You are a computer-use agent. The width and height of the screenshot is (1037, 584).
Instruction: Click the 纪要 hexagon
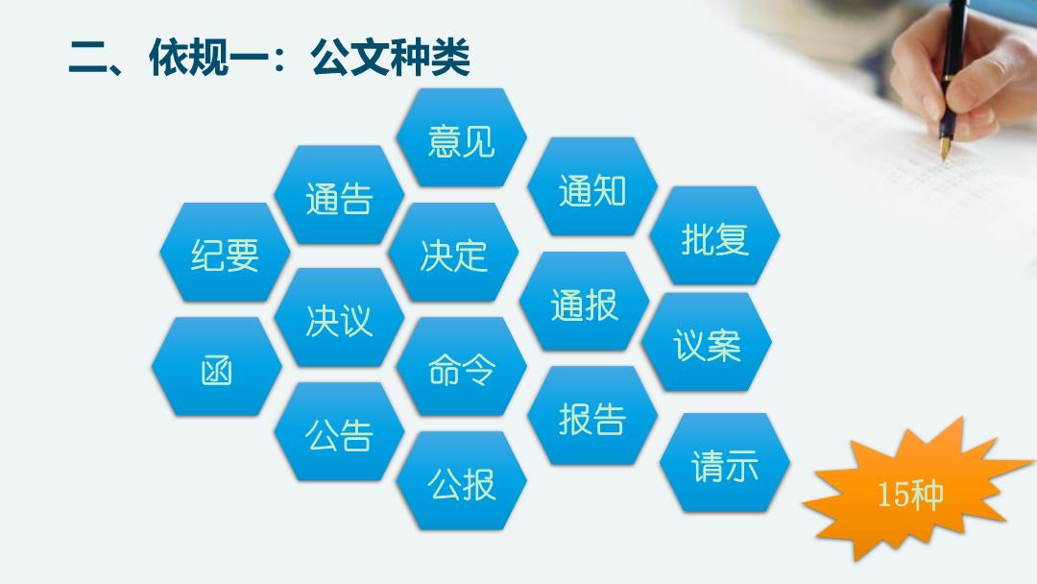tap(225, 253)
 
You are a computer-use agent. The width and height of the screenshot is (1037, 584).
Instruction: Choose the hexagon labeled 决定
tap(453, 253)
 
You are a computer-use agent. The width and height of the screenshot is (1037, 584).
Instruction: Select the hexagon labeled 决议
tap(339, 318)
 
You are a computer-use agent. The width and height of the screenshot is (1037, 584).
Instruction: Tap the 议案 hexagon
tap(707, 342)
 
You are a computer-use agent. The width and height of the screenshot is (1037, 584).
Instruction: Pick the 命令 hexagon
tap(461, 366)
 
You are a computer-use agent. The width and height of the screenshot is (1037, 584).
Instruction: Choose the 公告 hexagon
tap(339, 432)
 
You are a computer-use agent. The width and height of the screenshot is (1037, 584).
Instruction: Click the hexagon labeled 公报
tap(461, 481)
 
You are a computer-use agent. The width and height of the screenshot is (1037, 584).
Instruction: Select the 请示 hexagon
tap(725, 463)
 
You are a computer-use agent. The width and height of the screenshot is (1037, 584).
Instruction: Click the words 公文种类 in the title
tap(390, 57)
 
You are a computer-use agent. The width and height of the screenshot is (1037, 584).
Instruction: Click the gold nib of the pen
tap(945, 148)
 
